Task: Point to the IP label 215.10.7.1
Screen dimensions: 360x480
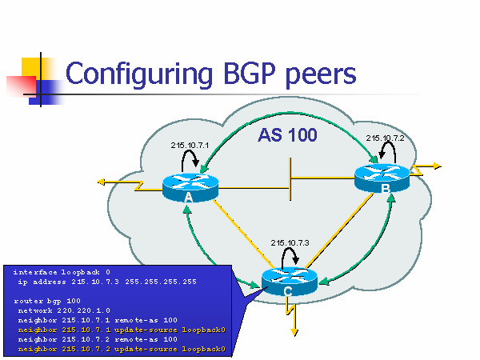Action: click(190, 146)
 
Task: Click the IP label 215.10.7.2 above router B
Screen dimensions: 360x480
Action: click(386, 138)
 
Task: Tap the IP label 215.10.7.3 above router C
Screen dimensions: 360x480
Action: click(290, 242)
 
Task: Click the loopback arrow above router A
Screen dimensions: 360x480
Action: click(190, 160)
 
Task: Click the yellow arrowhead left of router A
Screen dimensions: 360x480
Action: click(102, 182)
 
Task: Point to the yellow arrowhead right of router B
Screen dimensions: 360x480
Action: click(437, 166)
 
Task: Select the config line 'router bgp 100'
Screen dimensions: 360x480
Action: click(47, 300)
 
